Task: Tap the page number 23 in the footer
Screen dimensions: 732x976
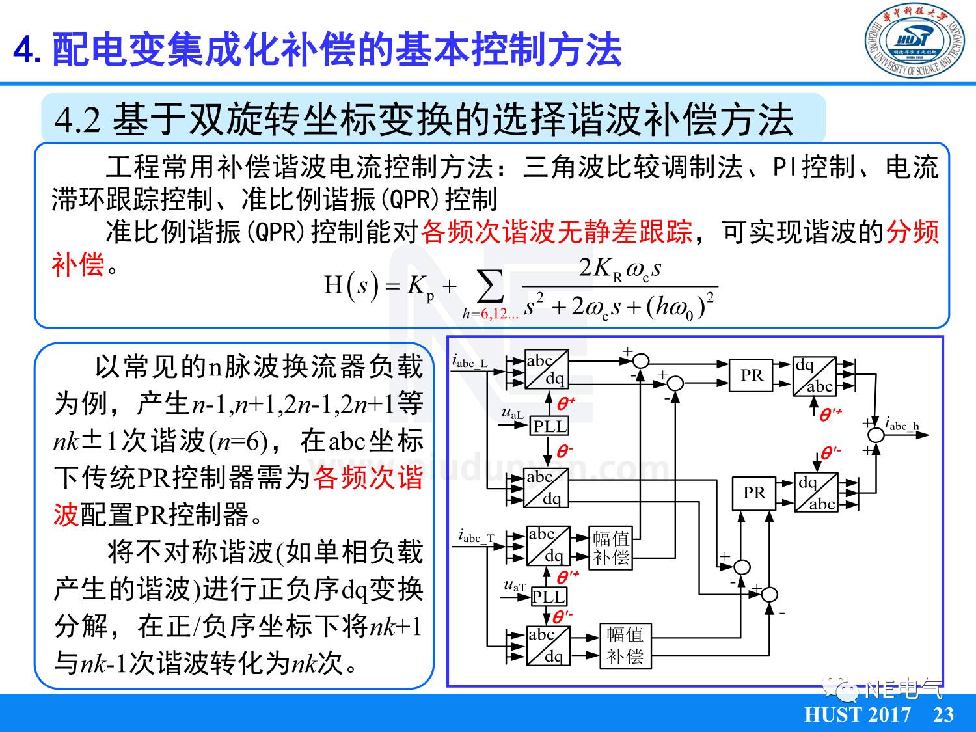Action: click(x=943, y=714)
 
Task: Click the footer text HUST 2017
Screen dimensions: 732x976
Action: click(x=858, y=714)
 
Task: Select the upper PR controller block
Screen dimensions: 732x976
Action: click(x=752, y=375)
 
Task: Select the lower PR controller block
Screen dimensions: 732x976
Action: click(x=754, y=493)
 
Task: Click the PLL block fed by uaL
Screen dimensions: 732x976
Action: click(x=550, y=426)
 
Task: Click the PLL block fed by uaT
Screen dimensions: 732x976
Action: click(x=549, y=597)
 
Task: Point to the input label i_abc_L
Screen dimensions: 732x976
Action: click(x=470, y=362)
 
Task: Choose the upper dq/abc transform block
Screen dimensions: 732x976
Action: click(x=814, y=376)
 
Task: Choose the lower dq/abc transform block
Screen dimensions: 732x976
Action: click(x=816, y=493)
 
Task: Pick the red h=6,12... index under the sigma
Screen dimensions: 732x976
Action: click(x=491, y=314)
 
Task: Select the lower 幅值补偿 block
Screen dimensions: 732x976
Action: click(x=625, y=645)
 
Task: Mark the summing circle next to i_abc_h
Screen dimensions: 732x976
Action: click(x=876, y=434)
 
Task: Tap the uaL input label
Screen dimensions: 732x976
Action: click(x=512, y=414)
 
